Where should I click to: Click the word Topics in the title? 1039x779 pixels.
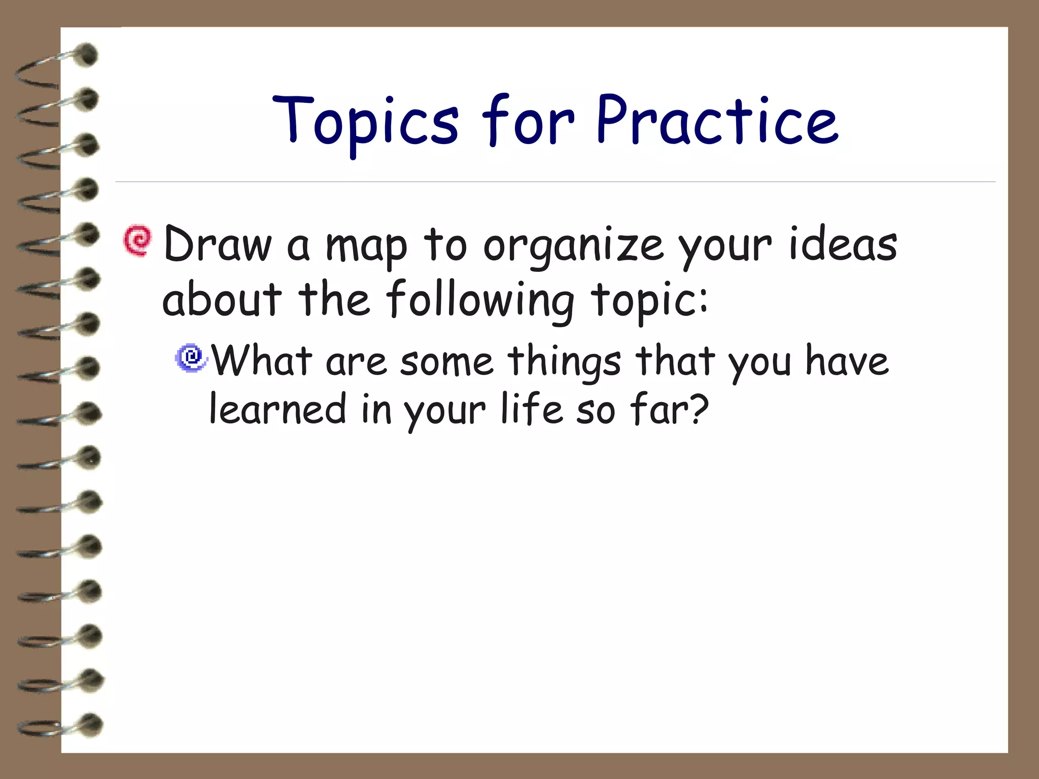tap(365, 122)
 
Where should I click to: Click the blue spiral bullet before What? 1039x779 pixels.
tap(191, 358)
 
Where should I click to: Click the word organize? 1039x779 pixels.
tap(573, 247)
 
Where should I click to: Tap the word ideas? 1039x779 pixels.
tap(843, 244)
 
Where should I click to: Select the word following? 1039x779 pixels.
tap(479, 301)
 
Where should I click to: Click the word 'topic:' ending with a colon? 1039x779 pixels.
tap(649, 301)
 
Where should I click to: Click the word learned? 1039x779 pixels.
tap(278, 409)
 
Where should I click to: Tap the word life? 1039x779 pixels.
tap(531, 409)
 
